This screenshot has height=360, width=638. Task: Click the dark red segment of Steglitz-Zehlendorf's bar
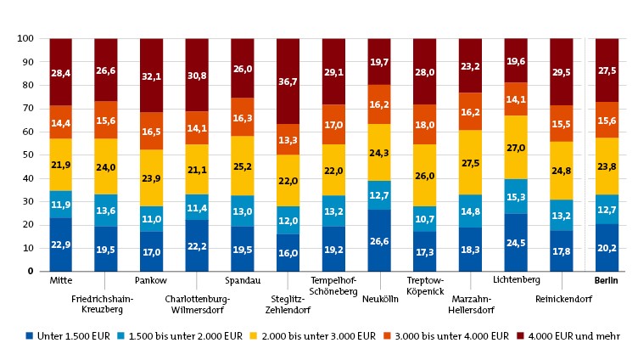click(288, 82)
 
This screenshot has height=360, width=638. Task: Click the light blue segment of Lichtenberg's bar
click(516, 196)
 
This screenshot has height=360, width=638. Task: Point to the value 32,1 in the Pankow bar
click(151, 76)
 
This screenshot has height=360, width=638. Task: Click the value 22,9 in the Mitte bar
click(60, 245)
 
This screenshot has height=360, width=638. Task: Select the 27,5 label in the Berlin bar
click(606, 70)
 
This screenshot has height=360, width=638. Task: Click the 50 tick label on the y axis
click(26, 155)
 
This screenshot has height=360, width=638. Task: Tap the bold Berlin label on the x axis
click(606, 279)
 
